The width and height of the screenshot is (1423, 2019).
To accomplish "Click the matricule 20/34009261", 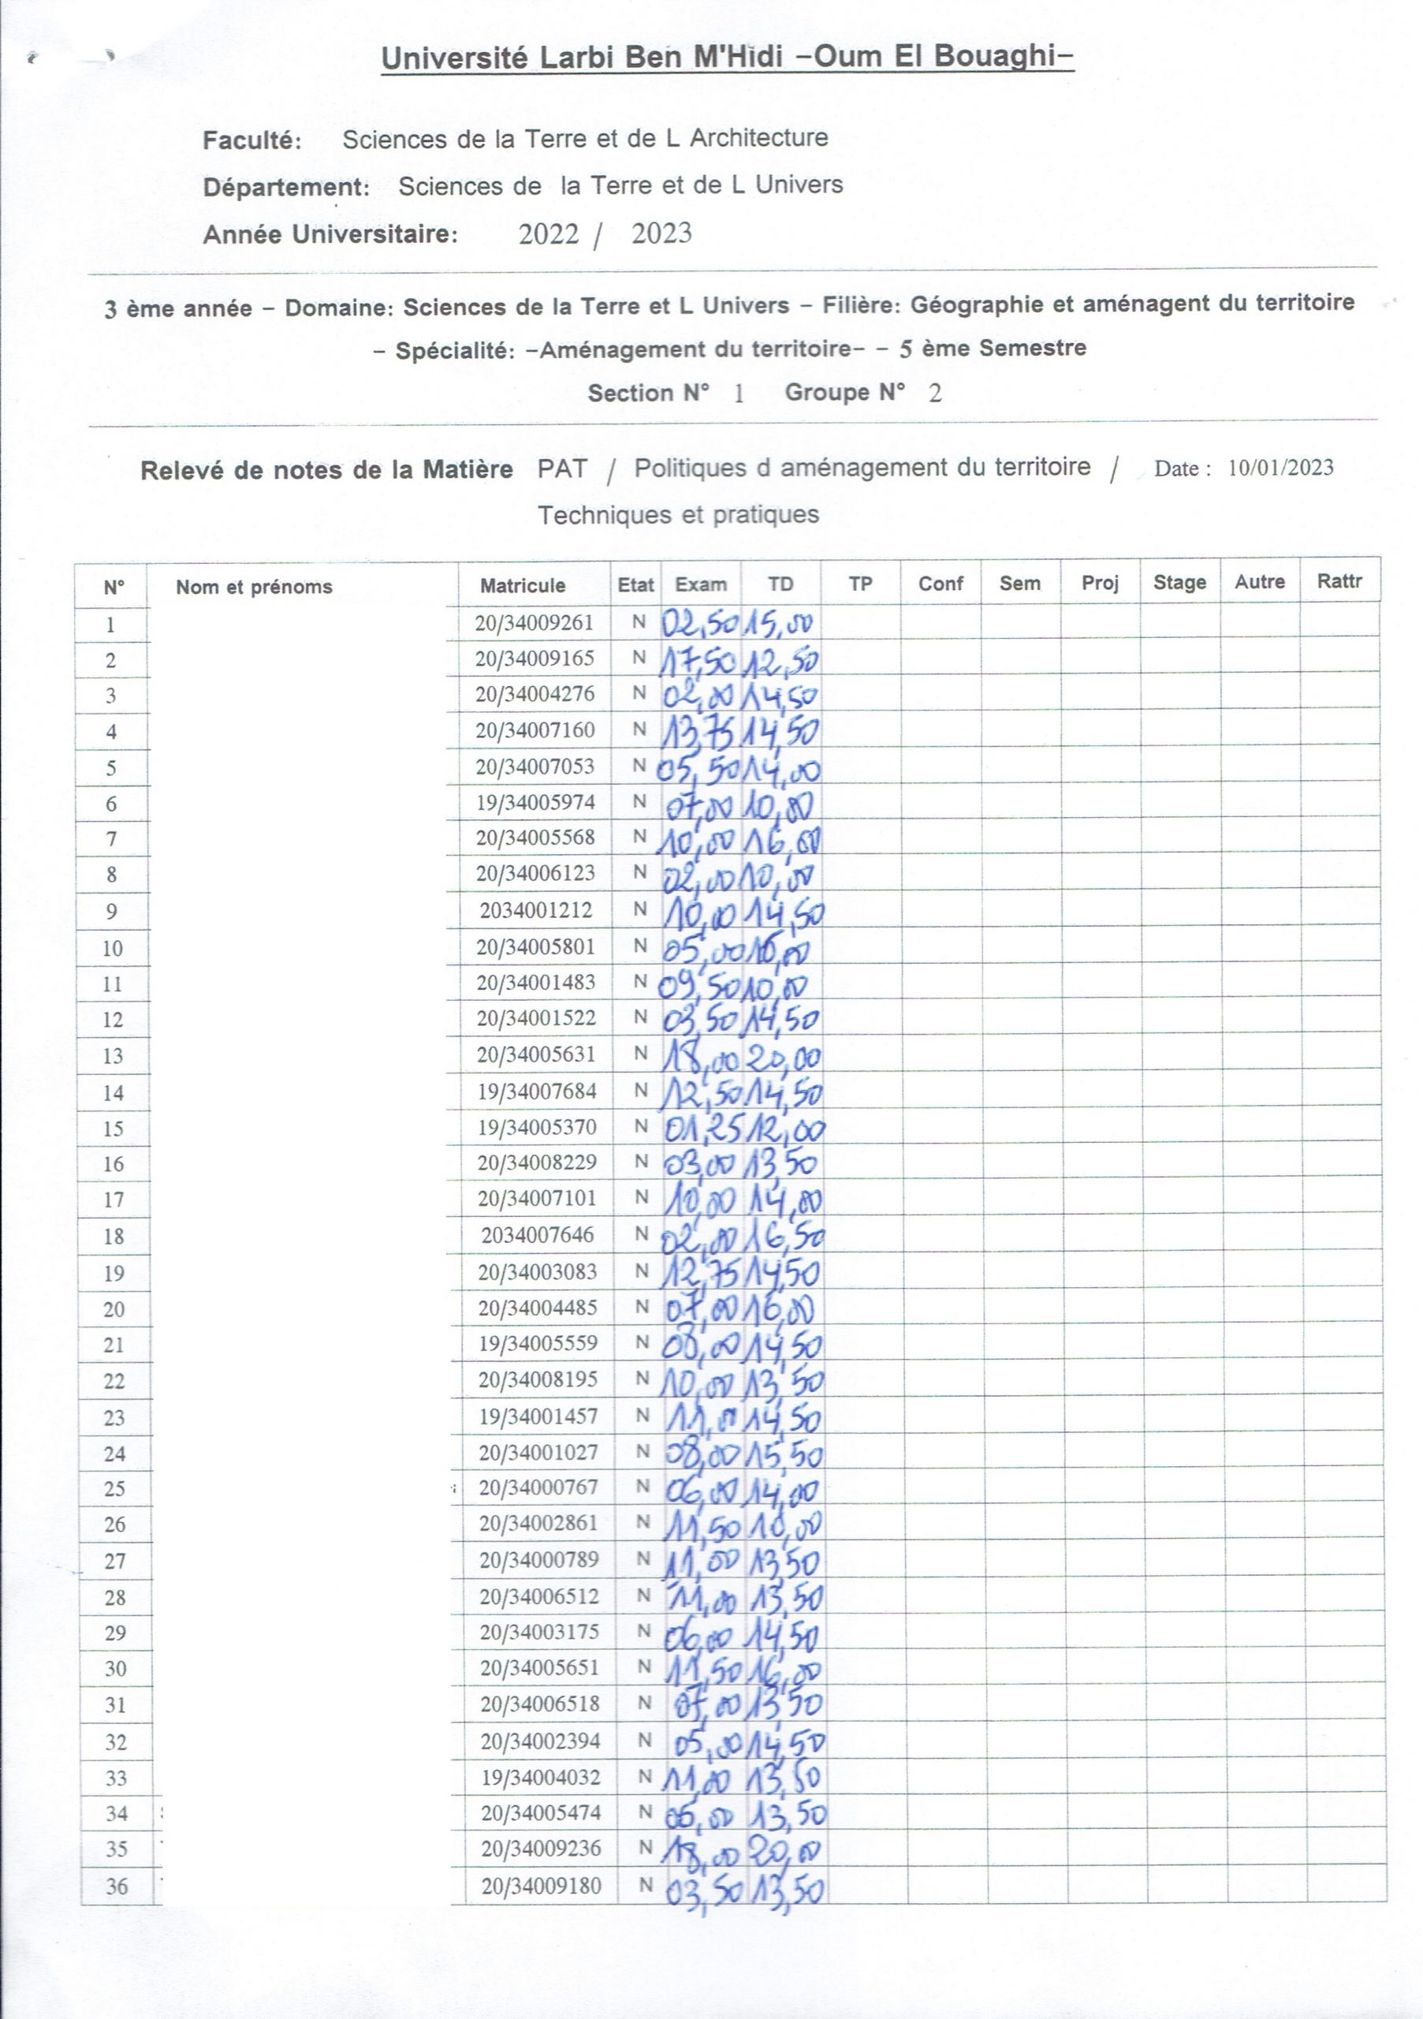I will pyautogui.click(x=535, y=624).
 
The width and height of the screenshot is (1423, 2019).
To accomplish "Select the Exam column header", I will pyautogui.click(x=701, y=584).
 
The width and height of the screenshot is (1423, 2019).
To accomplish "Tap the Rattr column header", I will pyautogui.click(x=1339, y=580).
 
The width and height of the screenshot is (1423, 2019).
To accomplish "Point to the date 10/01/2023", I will pyautogui.click(x=1280, y=468).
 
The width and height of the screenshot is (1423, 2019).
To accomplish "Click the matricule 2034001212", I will pyautogui.click(x=536, y=910).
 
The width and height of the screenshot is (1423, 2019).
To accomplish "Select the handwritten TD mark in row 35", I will pyautogui.click(x=784, y=1850).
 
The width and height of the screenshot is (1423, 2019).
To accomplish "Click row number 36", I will pyautogui.click(x=117, y=1887).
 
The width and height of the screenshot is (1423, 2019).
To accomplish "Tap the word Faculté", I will pyautogui.click(x=252, y=140).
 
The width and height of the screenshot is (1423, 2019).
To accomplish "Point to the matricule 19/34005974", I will pyautogui.click(x=535, y=802).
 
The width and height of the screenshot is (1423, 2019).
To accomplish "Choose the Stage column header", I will pyautogui.click(x=1179, y=582).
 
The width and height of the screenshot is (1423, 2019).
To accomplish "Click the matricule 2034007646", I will pyautogui.click(x=537, y=1234).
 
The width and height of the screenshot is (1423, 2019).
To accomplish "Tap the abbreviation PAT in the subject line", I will pyautogui.click(x=561, y=468).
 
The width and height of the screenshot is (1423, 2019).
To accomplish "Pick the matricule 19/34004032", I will pyautogui.click(x=541, y=1777).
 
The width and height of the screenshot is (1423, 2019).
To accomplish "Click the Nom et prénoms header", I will pyautogui.click(x=254, y=587).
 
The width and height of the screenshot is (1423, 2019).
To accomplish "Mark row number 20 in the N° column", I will pyautogui.click(x=114, y=1309).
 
